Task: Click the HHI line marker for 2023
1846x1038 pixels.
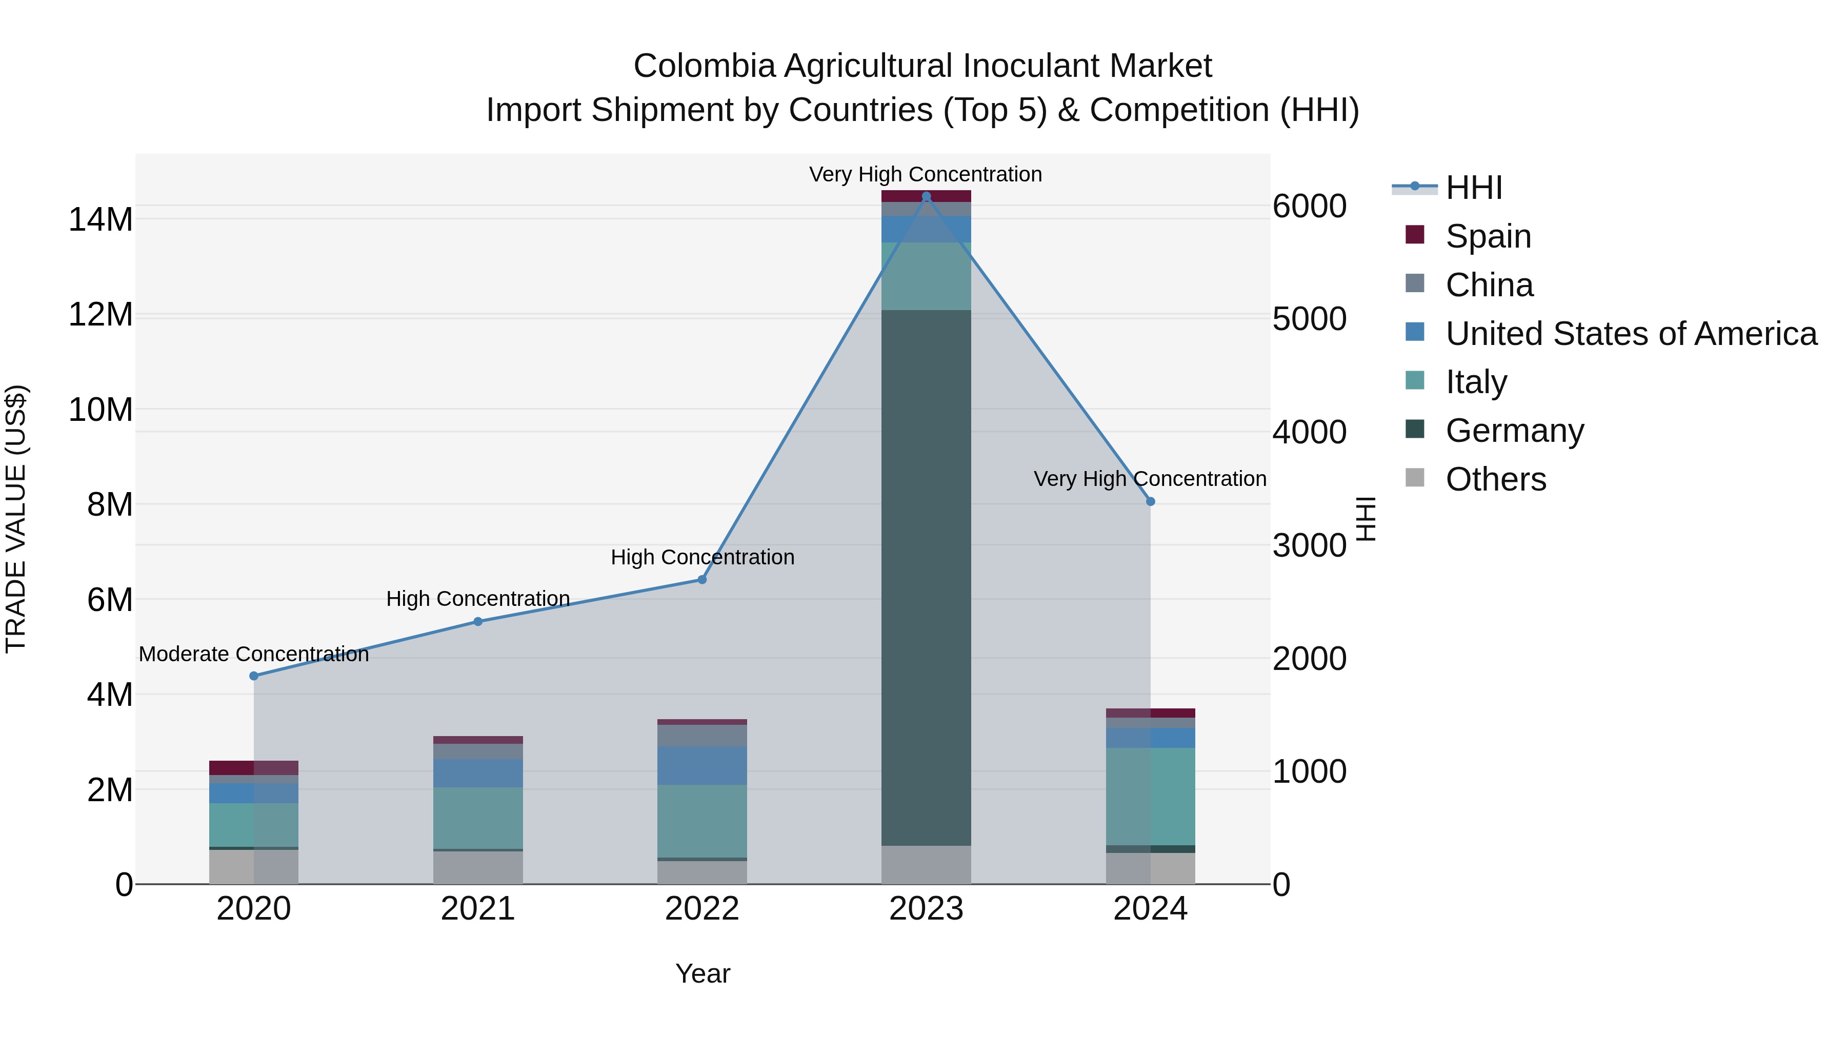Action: tap(926, 196)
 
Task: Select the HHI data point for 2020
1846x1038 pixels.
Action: tap(254, 676)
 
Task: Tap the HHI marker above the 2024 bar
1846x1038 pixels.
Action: tap(1150, 501)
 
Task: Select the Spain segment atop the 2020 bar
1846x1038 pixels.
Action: tap(254, 767)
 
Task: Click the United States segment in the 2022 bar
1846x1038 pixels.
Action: tap(703, 765)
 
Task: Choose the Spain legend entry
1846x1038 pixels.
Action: tap(1487, 236)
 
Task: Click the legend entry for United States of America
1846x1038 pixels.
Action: tap(1630, 334)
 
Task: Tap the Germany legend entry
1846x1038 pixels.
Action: tap(1514, 431)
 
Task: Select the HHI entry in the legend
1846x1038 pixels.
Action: tap(1473, 188)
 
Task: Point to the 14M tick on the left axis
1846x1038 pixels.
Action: tap(101, 219)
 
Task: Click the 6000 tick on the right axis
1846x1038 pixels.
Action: tap(1309, 206)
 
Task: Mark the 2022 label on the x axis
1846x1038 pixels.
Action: tap(703, 909)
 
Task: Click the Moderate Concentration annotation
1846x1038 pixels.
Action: tap(254, 654)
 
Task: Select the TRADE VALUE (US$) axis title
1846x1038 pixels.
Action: tap(16, 519)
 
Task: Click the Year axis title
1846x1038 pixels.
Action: tap(703, 973)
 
